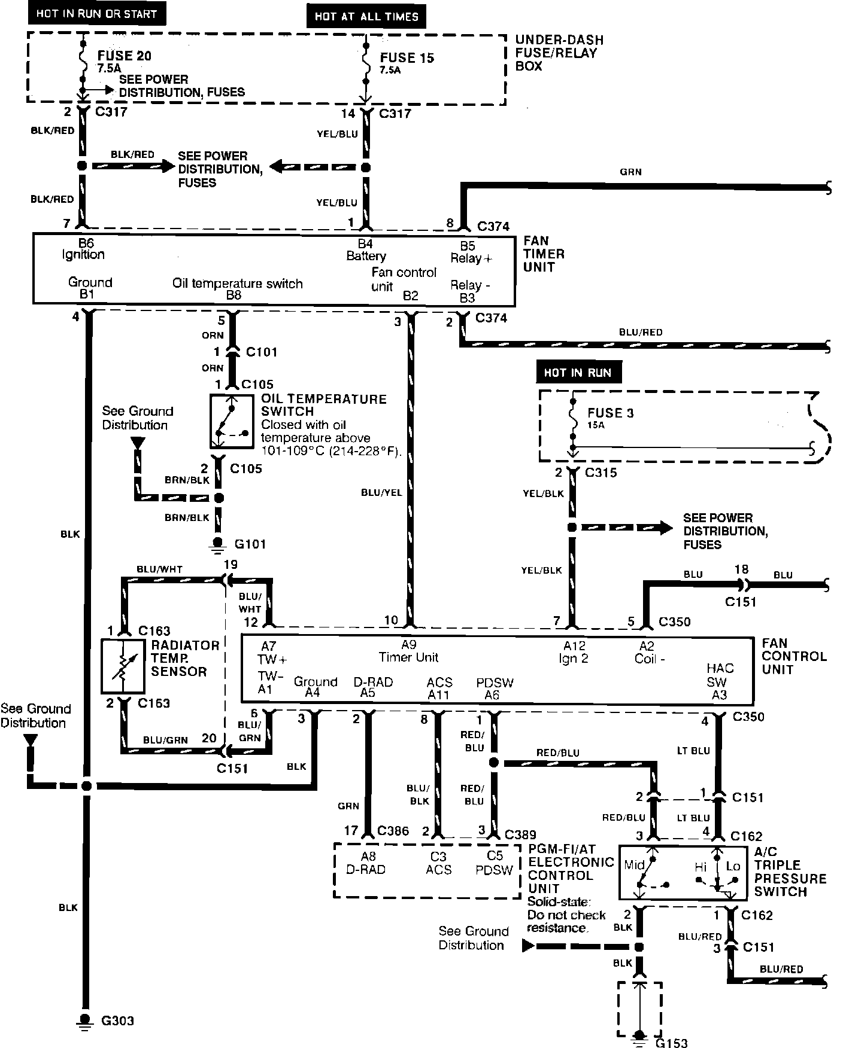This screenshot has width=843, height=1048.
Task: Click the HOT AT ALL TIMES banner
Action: click(x=366, y=17)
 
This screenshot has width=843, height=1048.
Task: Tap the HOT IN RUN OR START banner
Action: click(x=96, y=14)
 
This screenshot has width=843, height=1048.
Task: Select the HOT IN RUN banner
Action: click(x=578, y=373)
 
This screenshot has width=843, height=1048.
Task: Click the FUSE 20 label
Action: click(x=125, y=56)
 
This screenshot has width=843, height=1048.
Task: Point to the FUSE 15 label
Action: click(x=407, y=58)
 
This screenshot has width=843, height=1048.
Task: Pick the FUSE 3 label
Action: click(x=610, y=413)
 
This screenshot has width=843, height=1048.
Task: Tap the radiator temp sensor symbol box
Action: click(x=123, y=666)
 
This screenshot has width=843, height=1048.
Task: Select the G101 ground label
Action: click(x=250, y=544)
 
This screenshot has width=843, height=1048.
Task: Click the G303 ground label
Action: click(x=117, y=1021)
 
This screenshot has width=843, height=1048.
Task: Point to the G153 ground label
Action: click(x=671, y=1043)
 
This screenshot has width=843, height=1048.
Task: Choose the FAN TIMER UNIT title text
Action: click(x=544, y=254)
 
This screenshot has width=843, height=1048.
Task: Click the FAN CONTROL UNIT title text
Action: click(x=794, y=656)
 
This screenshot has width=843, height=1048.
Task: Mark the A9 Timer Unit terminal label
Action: click(x=408, y=651)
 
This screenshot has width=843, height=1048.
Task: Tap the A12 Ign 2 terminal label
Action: click(x=574, y=652)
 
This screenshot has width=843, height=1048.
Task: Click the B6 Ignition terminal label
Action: click(x=83, y=249)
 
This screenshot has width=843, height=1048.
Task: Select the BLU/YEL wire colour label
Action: click(x=381, y=492)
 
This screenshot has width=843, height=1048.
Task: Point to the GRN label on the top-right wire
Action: click(x=630, y=172)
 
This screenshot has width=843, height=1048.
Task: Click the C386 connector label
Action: click(x=393, y=831)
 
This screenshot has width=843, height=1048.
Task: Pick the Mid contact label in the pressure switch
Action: click(x=634, y=865)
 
